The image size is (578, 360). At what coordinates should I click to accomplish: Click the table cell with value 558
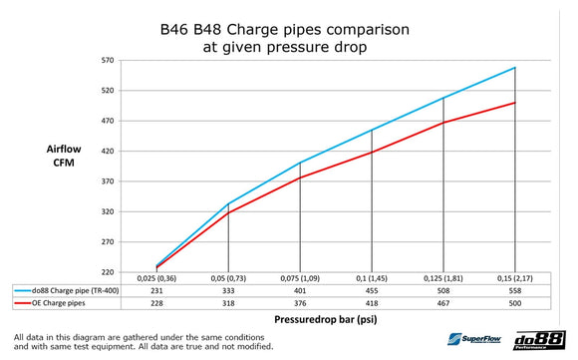(x=514, y=288)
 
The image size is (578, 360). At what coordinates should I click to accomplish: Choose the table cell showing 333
(x=228, y=288)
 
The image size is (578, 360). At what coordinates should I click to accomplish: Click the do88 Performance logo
(x=543, y=339)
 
